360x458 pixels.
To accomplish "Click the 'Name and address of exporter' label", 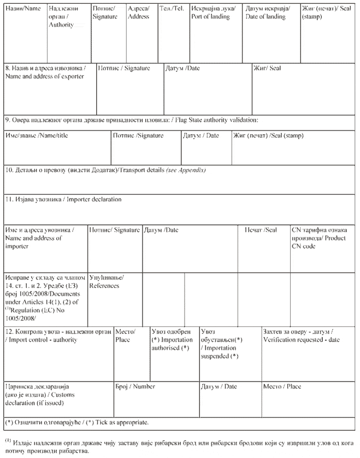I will [x=45, y=76].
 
